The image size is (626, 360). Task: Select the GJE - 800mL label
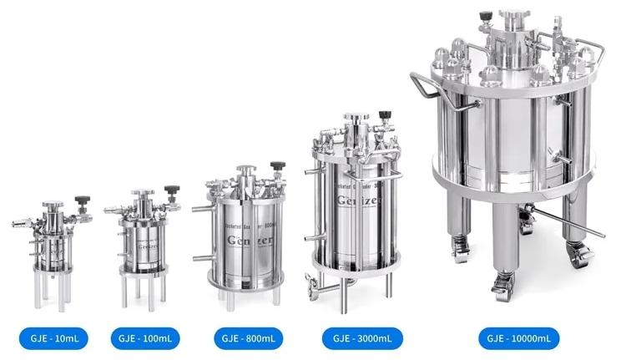(247, 338)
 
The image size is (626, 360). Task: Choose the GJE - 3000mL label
(361, 338)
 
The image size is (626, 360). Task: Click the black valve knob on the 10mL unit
(81, 200)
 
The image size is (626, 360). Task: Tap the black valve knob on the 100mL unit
(171, 190)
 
